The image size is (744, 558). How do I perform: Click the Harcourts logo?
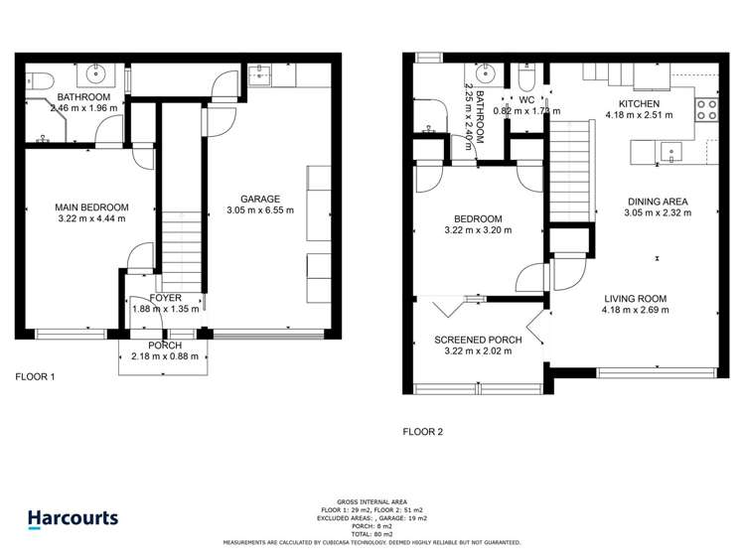73,517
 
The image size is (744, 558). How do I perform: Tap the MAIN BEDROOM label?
91,208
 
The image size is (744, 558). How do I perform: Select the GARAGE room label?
260,198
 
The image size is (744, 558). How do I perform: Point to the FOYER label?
165,298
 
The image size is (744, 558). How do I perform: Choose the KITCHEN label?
639,103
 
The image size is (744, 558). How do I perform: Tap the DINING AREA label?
656,201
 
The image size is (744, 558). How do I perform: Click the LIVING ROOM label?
634,298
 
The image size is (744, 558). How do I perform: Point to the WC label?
526,99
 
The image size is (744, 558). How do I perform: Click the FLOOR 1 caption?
35,377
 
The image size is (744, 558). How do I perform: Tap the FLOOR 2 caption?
423,432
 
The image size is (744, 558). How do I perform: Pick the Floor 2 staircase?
570,164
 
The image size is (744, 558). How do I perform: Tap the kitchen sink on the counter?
671,152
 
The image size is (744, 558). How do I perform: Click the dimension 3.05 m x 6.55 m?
260,209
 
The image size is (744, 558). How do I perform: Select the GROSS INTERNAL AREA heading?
372,503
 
